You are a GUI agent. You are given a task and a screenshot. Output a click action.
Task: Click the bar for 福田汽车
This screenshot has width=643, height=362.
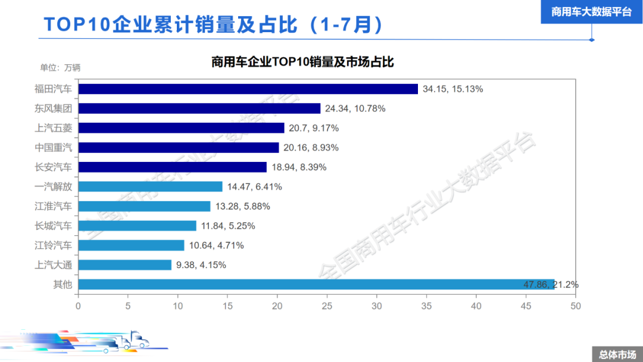pos(248,89)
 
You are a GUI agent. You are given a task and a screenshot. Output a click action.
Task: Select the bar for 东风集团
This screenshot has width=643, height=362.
pos(199,108)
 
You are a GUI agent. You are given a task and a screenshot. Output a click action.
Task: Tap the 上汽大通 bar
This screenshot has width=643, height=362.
pos(125,264)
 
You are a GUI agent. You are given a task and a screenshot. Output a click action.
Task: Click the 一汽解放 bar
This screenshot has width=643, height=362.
pos(150,186)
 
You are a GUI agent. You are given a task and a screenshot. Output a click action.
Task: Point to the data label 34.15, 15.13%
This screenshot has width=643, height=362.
pos(452,89)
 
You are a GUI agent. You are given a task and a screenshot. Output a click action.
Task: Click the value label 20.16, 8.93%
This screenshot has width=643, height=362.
pos(313,148)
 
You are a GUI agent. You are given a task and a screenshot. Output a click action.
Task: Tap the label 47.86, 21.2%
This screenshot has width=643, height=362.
pos(550,285)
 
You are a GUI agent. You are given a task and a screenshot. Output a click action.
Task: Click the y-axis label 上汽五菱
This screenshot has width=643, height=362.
pos(54,128)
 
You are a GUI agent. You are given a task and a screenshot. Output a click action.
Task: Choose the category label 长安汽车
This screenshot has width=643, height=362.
pos(54,167)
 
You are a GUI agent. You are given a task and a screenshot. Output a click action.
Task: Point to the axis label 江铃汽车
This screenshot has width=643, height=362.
pos(54,245)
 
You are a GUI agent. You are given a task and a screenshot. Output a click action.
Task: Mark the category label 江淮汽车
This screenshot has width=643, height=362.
pos(54,206)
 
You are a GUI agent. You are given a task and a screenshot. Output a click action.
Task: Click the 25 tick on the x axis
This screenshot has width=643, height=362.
pos(327,306)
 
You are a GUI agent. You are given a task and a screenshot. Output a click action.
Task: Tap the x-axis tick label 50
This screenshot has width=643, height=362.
pos(575,306)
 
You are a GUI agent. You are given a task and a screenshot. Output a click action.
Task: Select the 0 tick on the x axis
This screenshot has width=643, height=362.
pos(78,306)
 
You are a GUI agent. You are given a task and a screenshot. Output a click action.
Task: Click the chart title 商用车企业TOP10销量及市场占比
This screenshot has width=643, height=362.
pos(302,62)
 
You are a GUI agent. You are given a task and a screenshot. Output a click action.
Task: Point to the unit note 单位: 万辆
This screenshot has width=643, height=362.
pos(60,67)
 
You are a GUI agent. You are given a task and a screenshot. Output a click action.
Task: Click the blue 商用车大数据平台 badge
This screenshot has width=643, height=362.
pos(591,12)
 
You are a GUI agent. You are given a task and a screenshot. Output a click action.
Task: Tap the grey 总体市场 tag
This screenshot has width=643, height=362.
pos(617,354)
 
